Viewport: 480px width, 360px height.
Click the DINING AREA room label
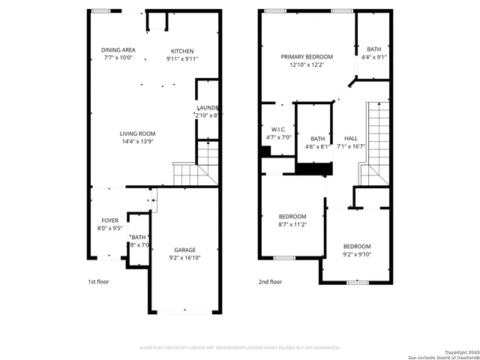pyautogui.click(x=118, y=50)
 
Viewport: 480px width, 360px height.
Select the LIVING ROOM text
pyautogui.click(x=137, y=133)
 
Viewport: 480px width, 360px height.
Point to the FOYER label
pyautogui.click(x=109, y=220)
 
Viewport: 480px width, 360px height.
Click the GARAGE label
pyautogui.click(x=184, y=250)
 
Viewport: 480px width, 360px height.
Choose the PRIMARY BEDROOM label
pyautogui.click(x=307, y=57)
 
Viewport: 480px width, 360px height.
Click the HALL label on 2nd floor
pyautogui.click(x=351, y=139)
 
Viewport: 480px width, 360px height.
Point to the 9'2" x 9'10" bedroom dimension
pyautogui.click(x=357, y=253)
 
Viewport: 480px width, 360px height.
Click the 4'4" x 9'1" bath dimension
pyautogui.click(x=373, y=57)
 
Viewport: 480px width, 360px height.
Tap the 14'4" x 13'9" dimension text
pyautogui.click(x=137, y=141)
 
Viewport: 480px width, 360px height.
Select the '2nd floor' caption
pyautogui.click(x=270, y=282)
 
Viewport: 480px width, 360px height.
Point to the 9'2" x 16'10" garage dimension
pyautogui.click(x=184, y=257)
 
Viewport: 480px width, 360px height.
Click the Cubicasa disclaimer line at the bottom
pyautogui.click(x=240, y=347)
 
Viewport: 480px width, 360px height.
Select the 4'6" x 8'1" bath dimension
pyautogui.click(x=317, y=146)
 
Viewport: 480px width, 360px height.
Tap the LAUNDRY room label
pyautogui.click(x=208, y=108)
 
